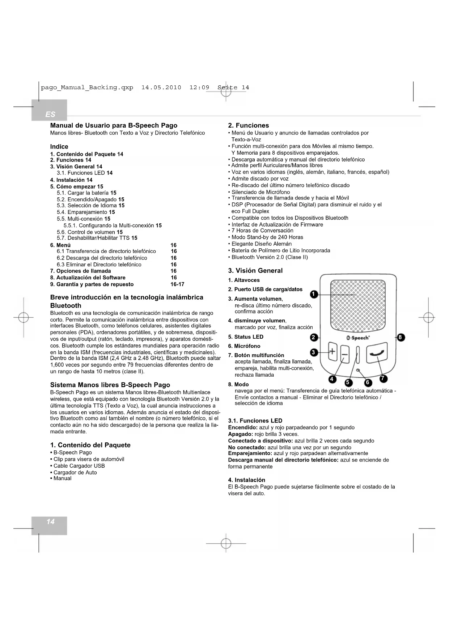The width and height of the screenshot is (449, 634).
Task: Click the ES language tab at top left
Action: click(x=50, y=114)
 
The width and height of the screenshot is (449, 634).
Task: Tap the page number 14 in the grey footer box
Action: click(x=50, y=522)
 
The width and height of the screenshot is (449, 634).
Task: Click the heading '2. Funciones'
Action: click(x=248, y=125)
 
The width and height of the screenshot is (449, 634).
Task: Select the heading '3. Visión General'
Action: click(x=255, y=270)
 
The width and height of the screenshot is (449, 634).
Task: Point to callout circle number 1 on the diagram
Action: click(x=314, y=294)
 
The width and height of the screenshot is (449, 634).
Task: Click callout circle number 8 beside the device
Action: click(x=401, y=338)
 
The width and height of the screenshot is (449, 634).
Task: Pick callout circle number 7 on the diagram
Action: click(x=384, y=378)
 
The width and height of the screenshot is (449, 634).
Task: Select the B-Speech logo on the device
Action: click(x=358, y=338)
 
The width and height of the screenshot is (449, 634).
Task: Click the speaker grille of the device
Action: click(x=358, y=306)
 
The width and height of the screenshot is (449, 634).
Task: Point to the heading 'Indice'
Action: click(x=59, y=146)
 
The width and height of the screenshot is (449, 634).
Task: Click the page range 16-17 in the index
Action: click(x=177, y=284)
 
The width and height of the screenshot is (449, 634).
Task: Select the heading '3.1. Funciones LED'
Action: click(x=255, y=421)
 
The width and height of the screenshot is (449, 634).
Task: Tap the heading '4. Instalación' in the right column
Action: click(x=246, y=480)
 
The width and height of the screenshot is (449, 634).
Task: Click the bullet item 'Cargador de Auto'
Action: click(x=75, y=472)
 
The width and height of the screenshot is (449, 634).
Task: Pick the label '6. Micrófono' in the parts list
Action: click(x=244, y=346)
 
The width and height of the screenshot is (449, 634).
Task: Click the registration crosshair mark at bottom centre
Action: click(x=226, y=543)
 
